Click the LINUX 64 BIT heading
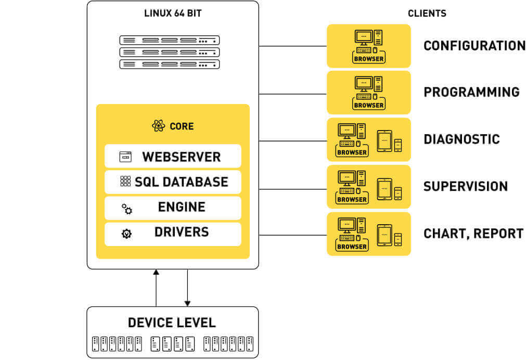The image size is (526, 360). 173,14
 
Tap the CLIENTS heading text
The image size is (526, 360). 427,14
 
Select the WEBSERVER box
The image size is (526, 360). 173,156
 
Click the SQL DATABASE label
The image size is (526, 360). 181,182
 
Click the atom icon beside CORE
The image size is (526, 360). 158,126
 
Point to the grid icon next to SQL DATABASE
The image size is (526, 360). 125,181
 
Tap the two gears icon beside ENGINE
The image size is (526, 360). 127,209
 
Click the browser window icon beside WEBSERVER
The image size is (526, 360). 125,156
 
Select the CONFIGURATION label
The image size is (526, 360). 474,46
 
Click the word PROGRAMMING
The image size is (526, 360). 471,92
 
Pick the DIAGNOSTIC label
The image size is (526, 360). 461,139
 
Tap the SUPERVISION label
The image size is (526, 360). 466,186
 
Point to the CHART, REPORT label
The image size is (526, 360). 473,234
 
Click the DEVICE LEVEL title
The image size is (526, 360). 172,323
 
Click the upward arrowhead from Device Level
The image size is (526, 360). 156,272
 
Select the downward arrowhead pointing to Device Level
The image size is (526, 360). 187,303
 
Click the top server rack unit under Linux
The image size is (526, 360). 170,40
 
